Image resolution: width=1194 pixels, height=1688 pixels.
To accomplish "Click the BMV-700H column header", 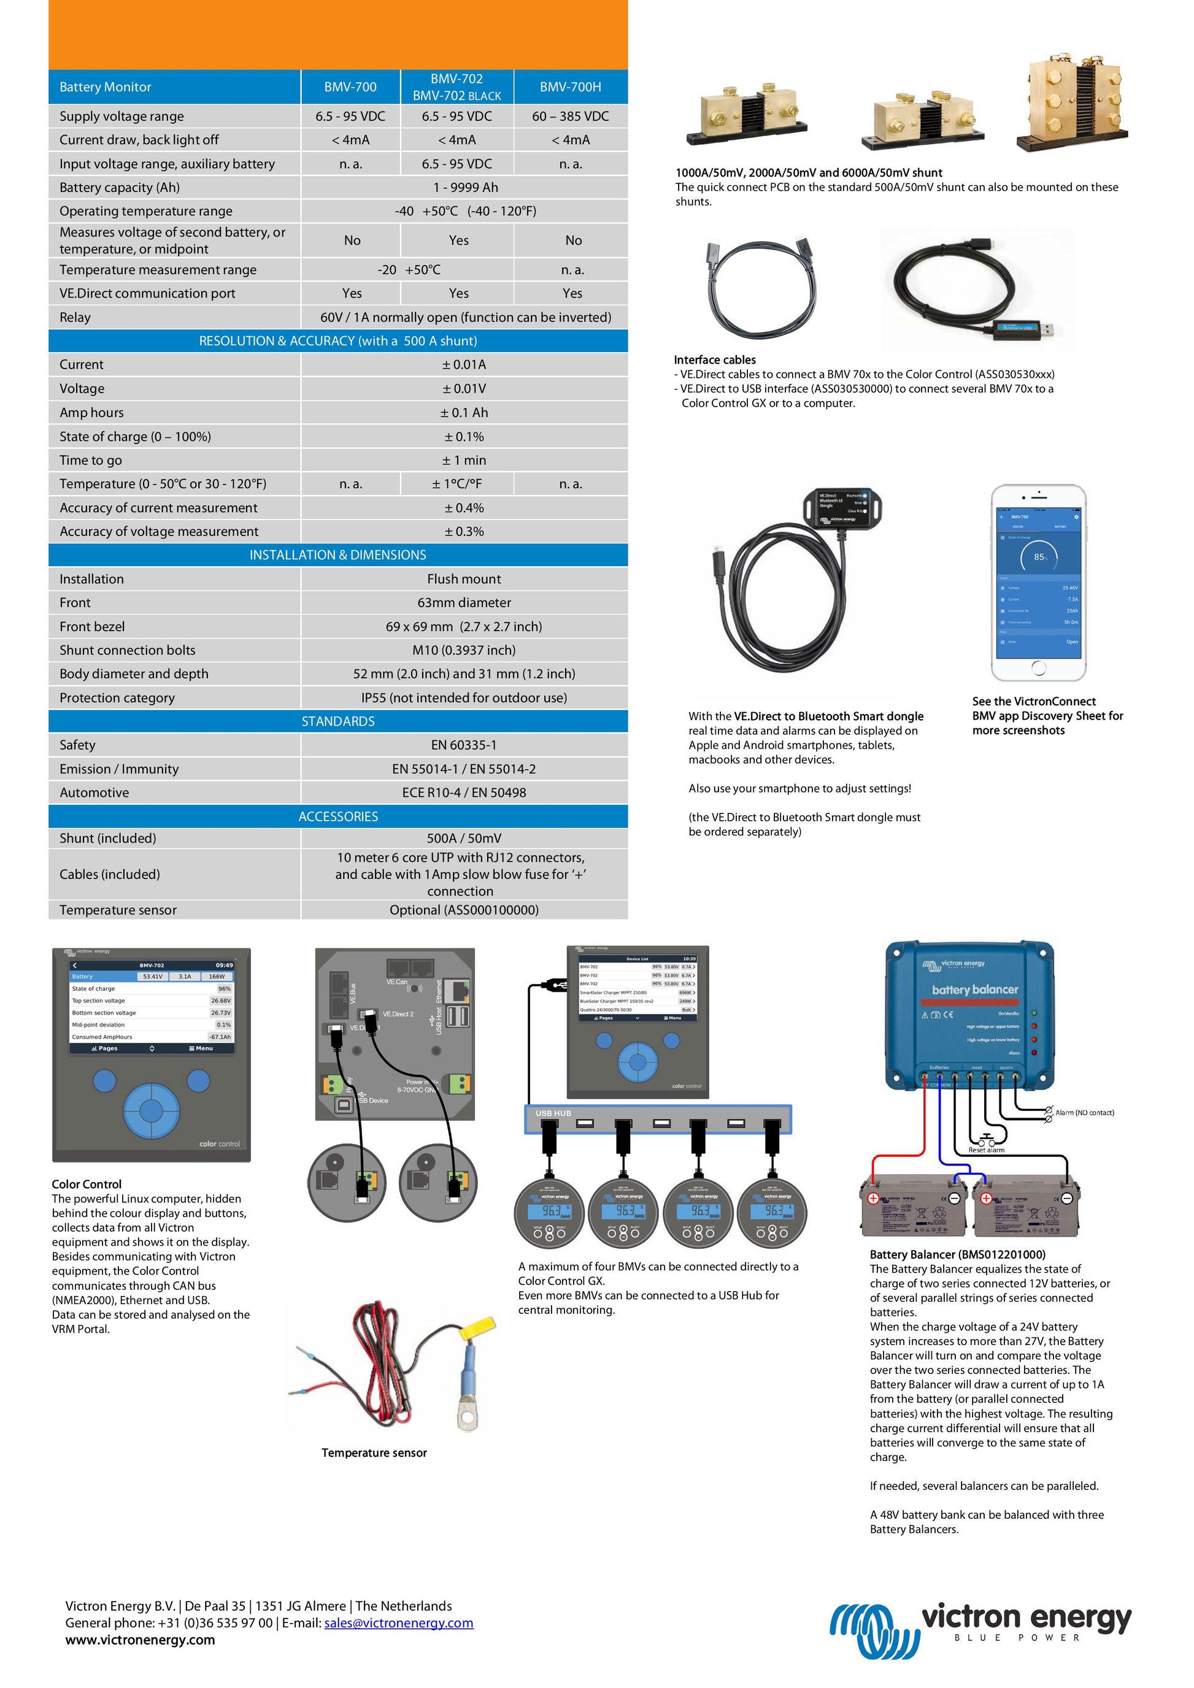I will [x=570, y=86].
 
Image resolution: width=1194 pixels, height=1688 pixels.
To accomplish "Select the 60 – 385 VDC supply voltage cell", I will [x=570, y=116].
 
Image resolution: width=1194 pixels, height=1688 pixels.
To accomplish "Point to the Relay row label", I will [x=75, y=318].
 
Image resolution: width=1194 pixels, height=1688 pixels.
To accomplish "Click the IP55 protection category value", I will [x=464, y=697].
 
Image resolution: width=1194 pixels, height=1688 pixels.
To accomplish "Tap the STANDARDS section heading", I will [x=338, y=721].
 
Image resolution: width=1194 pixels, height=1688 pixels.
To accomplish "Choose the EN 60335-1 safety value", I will [x=464, y=745].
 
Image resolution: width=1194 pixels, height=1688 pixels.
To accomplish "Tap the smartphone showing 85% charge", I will [x=1038, y=582].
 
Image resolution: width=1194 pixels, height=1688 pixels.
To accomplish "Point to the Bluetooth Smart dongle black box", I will [x=842, y=507].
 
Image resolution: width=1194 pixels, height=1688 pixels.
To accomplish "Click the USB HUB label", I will [x=553, y=1114].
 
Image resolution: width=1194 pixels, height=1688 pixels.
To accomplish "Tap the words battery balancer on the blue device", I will [x=975, y=989].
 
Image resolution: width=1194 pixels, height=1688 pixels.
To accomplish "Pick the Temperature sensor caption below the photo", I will [x=374, y=1452].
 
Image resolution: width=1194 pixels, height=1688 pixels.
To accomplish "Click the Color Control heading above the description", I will [x=87, y=1184].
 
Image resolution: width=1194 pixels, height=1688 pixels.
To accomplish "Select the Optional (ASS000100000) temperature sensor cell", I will [x=464, y=910].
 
